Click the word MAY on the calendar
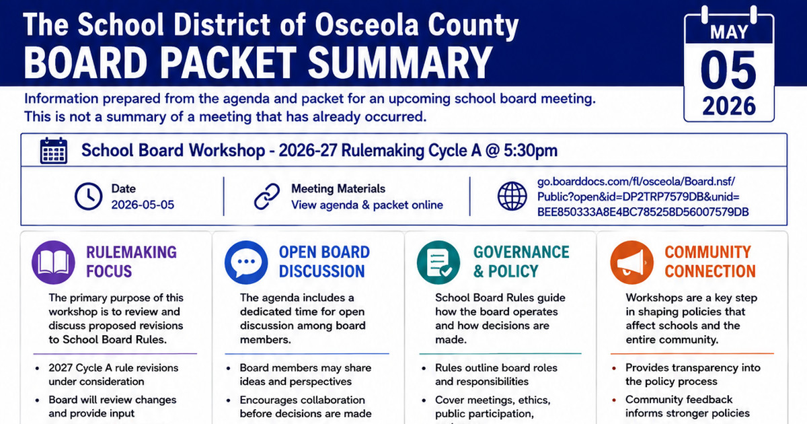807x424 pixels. pos(729,32)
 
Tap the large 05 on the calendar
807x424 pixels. pos(728,70)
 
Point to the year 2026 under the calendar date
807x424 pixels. pos(729,106)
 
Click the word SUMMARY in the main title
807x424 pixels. pos(400,63)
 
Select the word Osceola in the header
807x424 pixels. pos(367,24)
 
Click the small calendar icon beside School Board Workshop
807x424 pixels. pos(53,150)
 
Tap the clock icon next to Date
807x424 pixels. pos(88,197)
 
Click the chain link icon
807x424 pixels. pos(267,197)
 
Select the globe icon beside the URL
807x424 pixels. pos(512,196)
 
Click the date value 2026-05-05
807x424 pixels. pos(143,205)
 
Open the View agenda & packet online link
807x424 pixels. pos(367,205)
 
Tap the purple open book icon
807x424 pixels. pos(53,262)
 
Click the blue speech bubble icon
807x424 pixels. pos(246,262)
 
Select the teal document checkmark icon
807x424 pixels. pos(438,262)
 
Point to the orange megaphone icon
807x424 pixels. pos(631,262)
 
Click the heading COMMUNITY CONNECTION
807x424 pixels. pos(709,262)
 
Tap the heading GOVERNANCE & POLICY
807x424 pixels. pos(521,262)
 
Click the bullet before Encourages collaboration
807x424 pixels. pos(228,400)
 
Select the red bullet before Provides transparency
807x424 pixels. pos(614,368)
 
